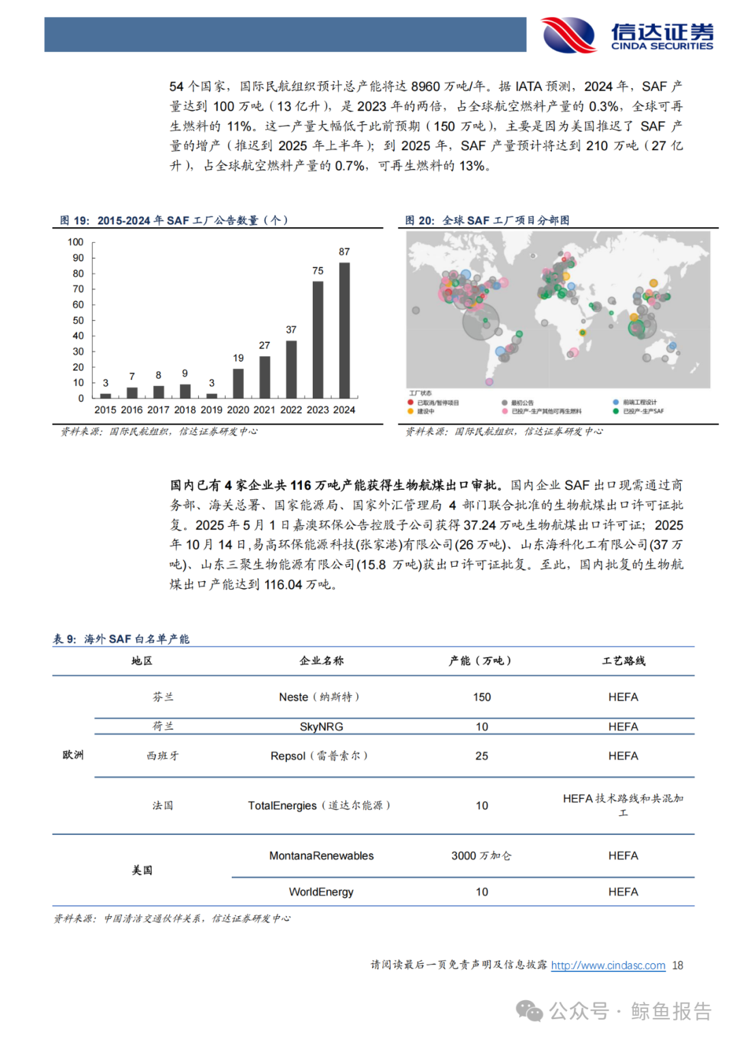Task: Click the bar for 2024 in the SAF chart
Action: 344,330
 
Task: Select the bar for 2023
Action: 318,339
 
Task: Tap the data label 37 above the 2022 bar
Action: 291,329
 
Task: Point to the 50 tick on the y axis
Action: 78,321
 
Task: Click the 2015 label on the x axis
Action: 105,410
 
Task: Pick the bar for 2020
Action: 238,383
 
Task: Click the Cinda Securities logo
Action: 627,35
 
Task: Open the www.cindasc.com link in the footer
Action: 608,965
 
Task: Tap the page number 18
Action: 677,965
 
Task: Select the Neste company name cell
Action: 318,697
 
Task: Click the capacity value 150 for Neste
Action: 482,697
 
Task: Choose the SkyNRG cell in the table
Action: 321,727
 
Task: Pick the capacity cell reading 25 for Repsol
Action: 482,756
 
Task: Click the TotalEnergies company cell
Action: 318,806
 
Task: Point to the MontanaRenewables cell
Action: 321,856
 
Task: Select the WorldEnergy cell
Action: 321,892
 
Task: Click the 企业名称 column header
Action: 321,661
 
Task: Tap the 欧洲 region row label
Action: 73,755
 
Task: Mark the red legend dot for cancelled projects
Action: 411,403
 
